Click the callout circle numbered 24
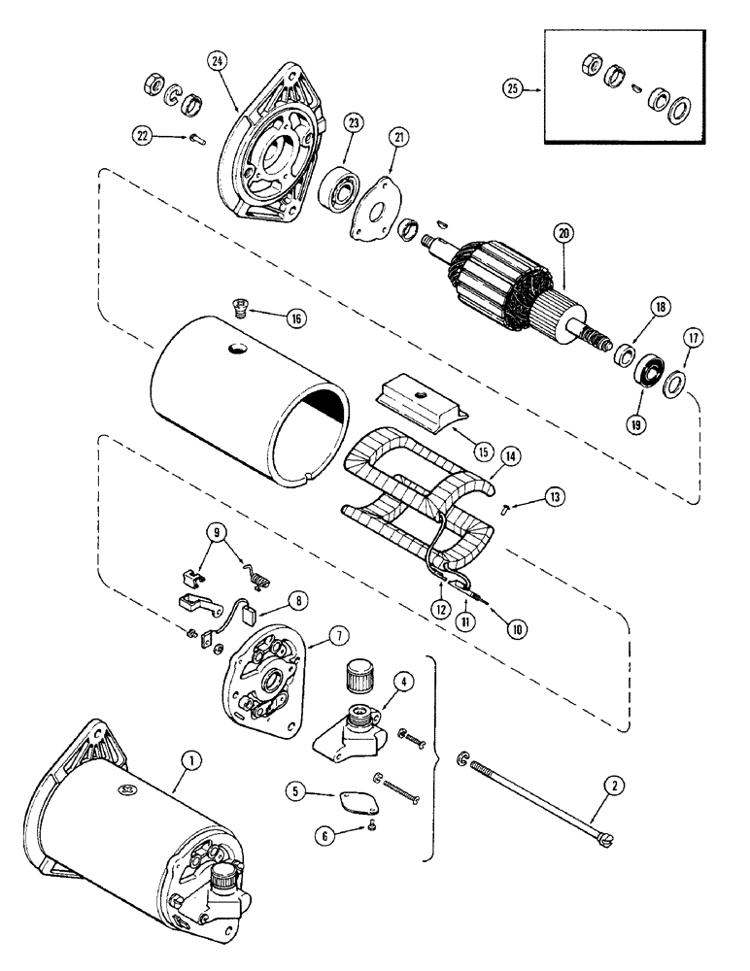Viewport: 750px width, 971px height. coord(215,59)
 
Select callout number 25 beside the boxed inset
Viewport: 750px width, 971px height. coord(512,88)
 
